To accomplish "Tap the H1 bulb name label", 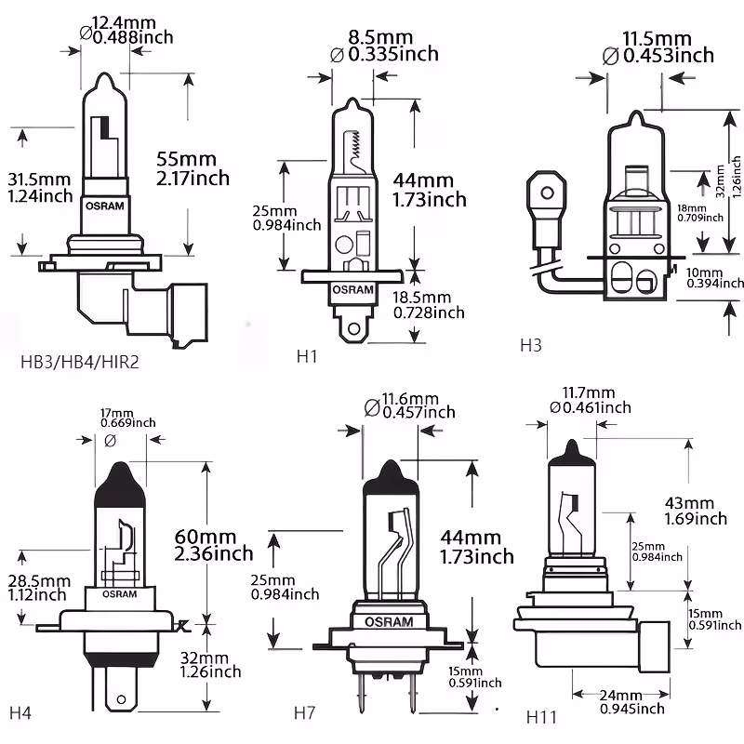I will (x=306, y=355).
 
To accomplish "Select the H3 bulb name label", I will (x=530, y=346).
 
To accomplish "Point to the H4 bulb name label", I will (x=20, y=713).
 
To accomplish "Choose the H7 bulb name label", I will (x=305, y=713).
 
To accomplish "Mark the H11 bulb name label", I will (x=542, y=717).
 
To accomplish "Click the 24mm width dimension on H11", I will (x=621, y=696).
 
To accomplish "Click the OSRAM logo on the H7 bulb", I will (x=383, y=621).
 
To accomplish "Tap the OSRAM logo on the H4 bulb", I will (x=119, y=593).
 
